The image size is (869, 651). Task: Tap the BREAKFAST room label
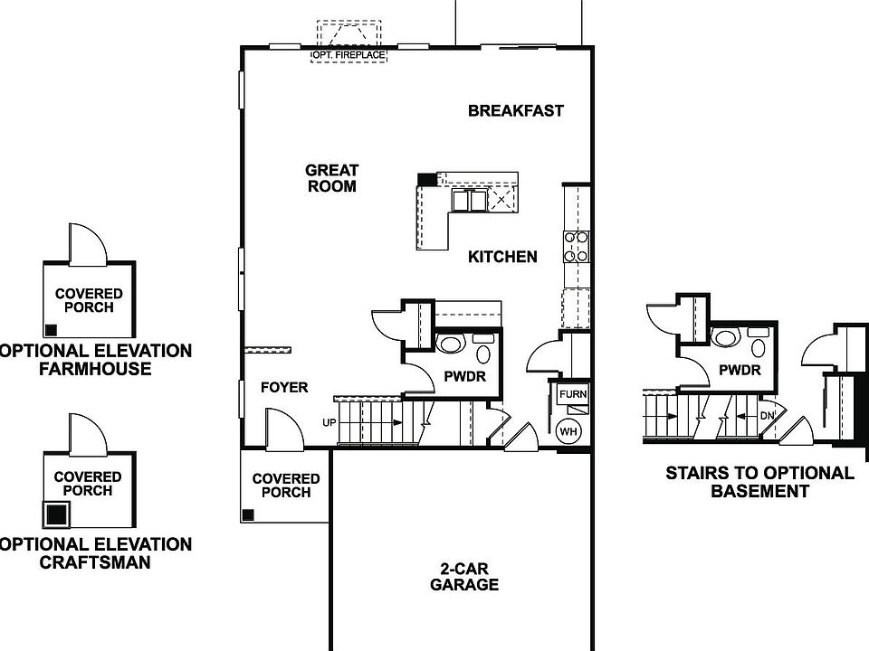(515, 111)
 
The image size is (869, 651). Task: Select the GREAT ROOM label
(332, 178)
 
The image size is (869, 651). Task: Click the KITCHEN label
(502, 257)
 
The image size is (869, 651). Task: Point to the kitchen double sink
(467, 200)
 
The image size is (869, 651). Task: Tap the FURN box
(572, 395)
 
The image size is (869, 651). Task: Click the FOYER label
(284, 388)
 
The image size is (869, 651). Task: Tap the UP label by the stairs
(329, 422)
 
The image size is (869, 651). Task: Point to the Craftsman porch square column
(56, 514)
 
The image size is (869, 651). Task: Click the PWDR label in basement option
(739, 370)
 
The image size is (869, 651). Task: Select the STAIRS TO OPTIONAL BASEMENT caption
(759, 482)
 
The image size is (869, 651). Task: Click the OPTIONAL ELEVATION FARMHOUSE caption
(95, 359)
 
